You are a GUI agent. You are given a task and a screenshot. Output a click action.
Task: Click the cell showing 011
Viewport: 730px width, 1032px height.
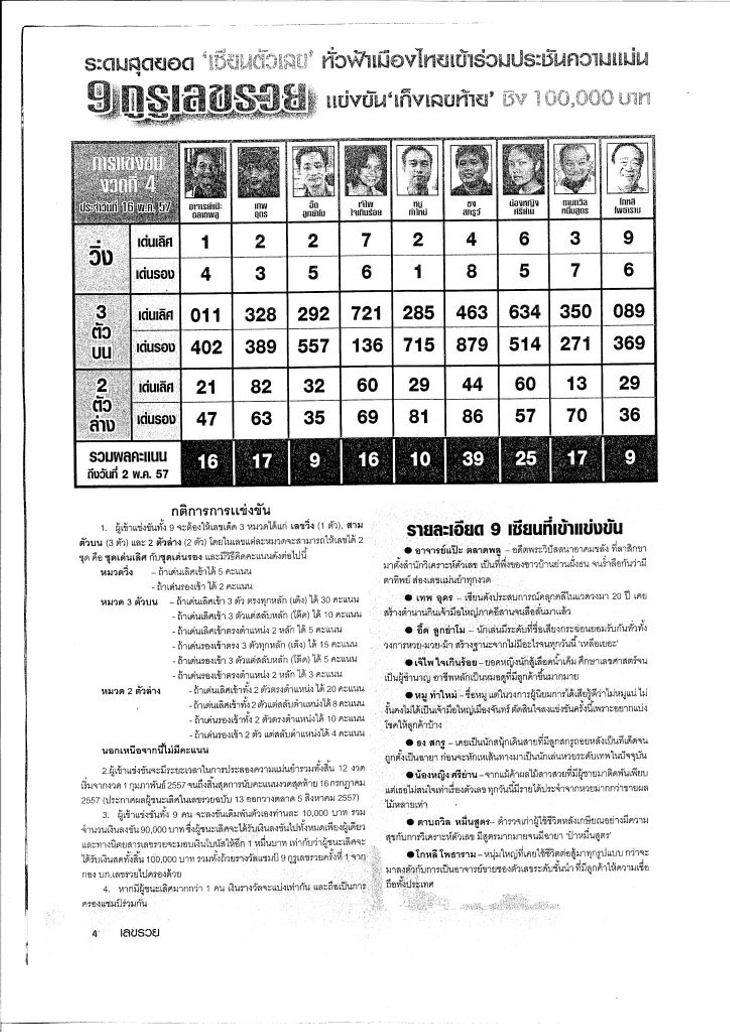point(206,315)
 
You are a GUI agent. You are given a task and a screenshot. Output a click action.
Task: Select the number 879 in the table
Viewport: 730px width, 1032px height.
point(471,346)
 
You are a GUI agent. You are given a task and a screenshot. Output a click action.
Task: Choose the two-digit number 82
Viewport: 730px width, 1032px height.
point(260,386)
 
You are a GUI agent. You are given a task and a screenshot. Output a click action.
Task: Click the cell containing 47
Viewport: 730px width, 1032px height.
point(206,419)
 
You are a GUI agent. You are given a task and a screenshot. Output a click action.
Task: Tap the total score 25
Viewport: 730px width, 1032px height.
point(525,459)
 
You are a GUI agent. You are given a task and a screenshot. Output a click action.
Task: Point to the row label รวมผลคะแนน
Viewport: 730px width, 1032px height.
point(128,457)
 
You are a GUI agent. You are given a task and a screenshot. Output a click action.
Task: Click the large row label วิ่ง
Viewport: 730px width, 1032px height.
point(99,257)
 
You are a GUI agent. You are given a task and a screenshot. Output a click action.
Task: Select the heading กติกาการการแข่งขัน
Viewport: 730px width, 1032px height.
point(221,511)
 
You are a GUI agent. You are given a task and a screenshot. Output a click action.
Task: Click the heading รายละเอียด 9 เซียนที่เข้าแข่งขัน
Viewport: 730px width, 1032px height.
point(514,529)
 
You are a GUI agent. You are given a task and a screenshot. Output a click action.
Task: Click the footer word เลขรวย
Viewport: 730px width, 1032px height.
point(140,933)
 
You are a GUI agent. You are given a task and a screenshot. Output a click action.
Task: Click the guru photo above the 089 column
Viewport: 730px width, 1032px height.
point(628,169)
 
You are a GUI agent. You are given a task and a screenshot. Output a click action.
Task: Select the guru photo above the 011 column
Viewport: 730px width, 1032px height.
point(206,171)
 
